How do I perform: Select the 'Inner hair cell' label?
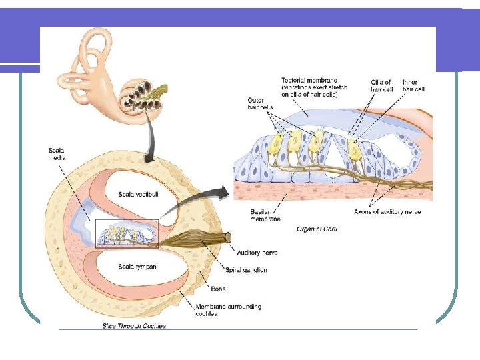414,85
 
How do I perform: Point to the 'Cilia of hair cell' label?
381,85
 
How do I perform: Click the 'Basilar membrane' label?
265,215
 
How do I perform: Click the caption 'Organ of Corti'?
317,229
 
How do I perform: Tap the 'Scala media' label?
57,154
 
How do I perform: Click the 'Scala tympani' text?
138,267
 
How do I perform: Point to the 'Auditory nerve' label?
257,253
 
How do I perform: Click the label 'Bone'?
218,289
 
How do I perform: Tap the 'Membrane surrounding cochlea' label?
228,310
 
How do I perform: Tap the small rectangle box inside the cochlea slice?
127,234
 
